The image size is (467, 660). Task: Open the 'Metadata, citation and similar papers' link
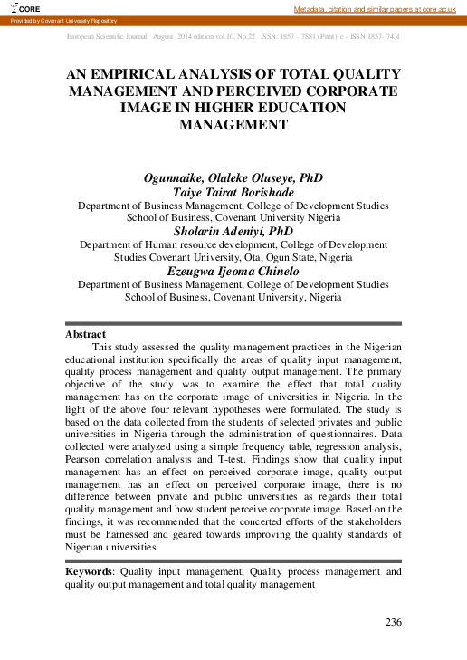tap(379, 8)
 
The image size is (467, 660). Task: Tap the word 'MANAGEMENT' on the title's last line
tap(233, 124)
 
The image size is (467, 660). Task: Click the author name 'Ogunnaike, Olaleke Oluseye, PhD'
tap(233, 177)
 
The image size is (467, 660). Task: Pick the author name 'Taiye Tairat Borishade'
tap(233, 191)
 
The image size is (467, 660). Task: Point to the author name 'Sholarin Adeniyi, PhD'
tap(233, 231)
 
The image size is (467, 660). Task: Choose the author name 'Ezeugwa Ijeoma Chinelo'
tap(233, 271)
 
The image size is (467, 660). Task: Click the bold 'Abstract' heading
tap(85, 334)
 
